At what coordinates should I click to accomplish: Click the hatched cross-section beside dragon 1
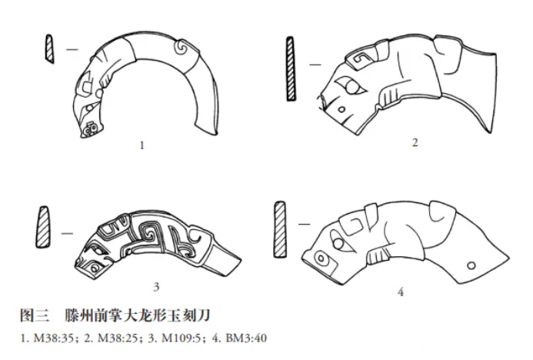click(50, 48)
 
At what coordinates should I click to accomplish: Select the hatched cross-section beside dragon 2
click(291, 68)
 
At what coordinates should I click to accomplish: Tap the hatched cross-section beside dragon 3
click(43, 227)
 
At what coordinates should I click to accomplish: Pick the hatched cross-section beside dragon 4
click(280, 229)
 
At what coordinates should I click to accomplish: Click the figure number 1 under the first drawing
click(142, 145)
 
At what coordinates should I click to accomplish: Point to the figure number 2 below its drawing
click(415, 142)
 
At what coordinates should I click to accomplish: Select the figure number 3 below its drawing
click(156, 287)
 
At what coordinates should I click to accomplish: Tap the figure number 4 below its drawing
click(401, 292)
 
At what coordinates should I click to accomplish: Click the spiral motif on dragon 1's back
click(180, 48)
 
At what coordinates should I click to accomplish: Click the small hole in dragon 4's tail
click(471, 265)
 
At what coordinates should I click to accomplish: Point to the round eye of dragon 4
click(338, 244)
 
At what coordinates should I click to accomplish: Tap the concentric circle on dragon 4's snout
click(320, 258)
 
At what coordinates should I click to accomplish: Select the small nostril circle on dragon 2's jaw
click(341, 109)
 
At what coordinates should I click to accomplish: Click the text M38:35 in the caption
click(54, 338)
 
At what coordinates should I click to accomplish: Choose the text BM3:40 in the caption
click(246, 338)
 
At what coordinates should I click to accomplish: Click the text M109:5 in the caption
click(182, 338)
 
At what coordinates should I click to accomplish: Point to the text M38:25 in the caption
click(118, 338)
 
